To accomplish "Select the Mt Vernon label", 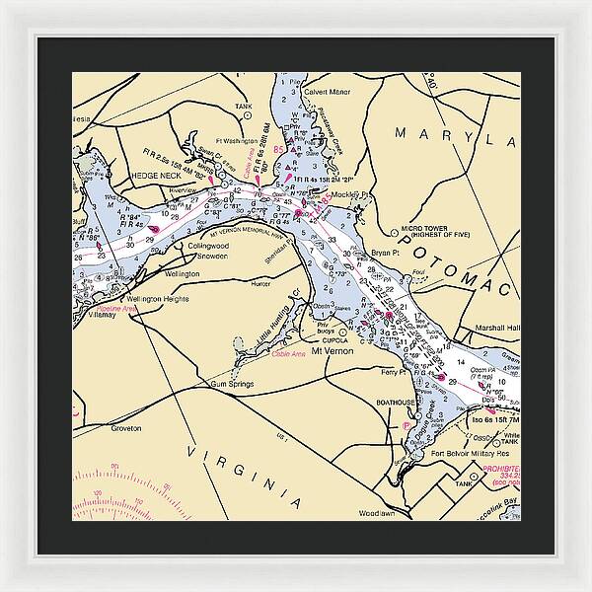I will [331, 350].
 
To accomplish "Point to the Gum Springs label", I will [233, 384].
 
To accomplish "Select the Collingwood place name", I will [207, 245].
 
